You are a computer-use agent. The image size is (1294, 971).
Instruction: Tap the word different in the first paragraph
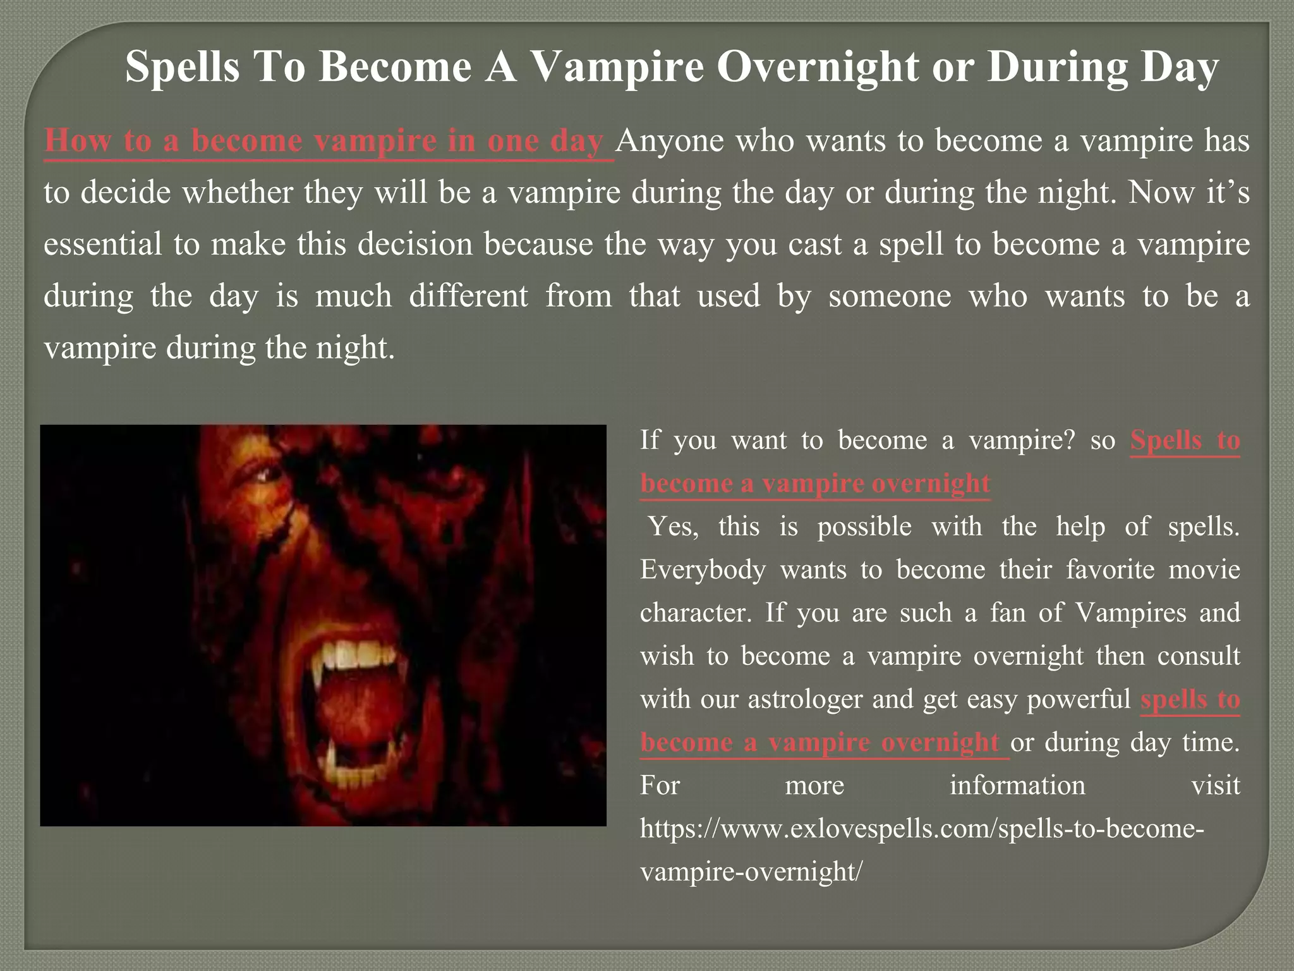click(468, 296)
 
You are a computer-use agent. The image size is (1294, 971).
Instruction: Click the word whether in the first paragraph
click(237, 192)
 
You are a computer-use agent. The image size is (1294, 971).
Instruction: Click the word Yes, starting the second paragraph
click(674, 527)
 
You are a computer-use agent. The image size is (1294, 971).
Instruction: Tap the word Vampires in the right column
click(1130, 613)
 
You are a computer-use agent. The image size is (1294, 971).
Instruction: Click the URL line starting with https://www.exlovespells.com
click(921, 828)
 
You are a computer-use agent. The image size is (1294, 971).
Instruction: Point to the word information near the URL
click(1017, 785)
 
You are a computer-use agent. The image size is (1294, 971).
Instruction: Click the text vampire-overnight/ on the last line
click(751, 872)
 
